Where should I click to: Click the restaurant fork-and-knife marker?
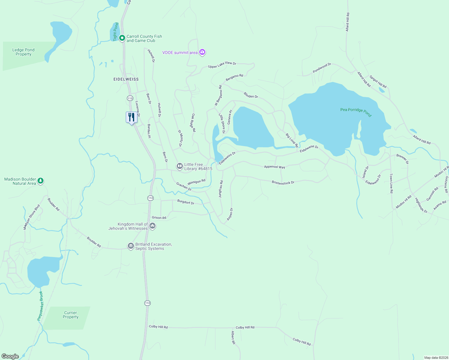(x=131, y=117)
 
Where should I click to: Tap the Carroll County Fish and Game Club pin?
(x=122, y=38)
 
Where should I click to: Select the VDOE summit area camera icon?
(x=202, y=52)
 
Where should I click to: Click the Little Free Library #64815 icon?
(x=179, y=166)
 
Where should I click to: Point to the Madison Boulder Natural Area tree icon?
(x=41, y=181)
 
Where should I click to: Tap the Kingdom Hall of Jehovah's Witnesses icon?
(x=152, y=226)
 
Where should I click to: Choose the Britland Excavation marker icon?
(x=131, y=246)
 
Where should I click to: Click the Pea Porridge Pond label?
(x=356, y=112)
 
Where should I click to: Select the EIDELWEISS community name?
(x=126, y=79)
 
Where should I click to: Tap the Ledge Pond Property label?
(x=23, y=52)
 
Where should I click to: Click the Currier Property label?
(x=71, y=315)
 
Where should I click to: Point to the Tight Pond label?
(x=116, y=31)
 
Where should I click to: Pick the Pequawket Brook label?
(x=40, y=306)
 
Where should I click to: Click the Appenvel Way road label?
(x=274, y=167)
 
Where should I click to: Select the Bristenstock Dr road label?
(x=283, y=182)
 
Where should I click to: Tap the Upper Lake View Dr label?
(x=222, y=65)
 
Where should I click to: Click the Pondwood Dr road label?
(x=322, y=68)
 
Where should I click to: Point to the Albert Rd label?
(x=233, y=337)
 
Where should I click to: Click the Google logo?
(x=10, y=356)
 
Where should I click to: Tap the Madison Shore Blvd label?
(x=32, y=217)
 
